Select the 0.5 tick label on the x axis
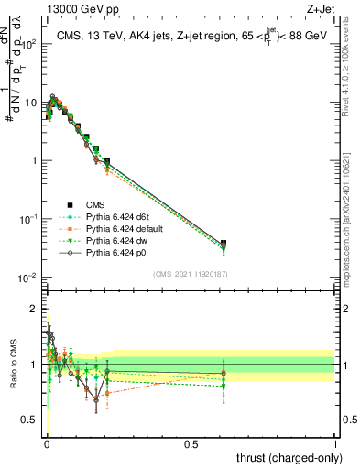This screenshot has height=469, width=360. [x=191, y=445]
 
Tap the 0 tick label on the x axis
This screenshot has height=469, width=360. [x=47, y=445]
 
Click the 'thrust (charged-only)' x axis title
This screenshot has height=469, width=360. [x=287, y=457]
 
